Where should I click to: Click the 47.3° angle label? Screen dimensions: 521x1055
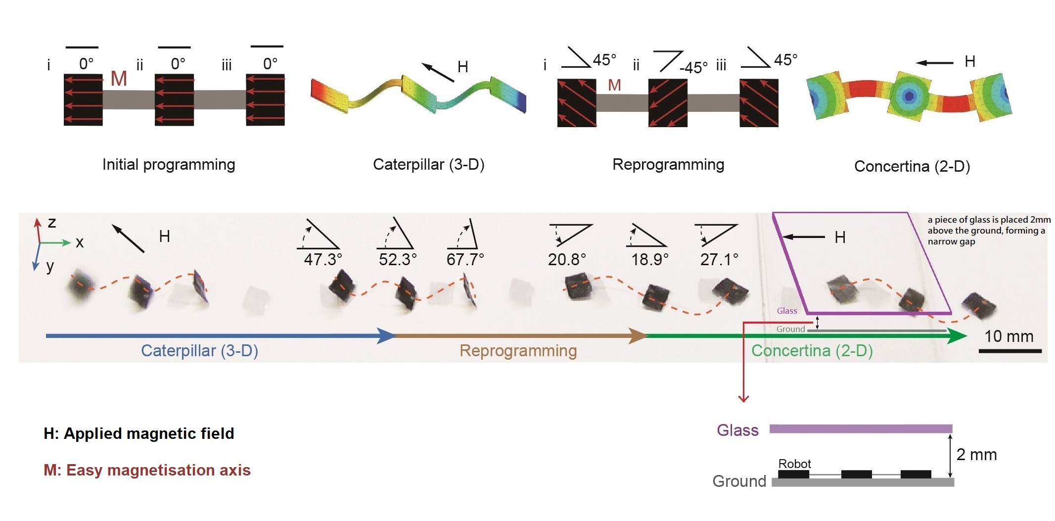pyautogui.click(x=322, y=259)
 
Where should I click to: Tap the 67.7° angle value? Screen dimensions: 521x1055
pyautogui.click(x=465, y=259)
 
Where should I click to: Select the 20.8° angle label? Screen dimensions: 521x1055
pyautogui.click(x=567, y=259)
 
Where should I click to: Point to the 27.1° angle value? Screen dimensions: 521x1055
pyautogui.click(x=719, y=259)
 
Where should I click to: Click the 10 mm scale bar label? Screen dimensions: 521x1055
pyautogui.click(x=1009, y=336)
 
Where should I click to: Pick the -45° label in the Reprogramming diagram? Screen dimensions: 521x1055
pyautogui.click(x=693, y=67)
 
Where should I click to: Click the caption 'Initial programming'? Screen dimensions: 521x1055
pyautogui.click(x=169, y=165)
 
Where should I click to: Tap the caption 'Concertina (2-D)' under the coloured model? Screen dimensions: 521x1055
pyautogui.click(x=912, y=166)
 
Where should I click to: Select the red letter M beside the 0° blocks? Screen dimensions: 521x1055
pyautogui.click(x=119, y=79)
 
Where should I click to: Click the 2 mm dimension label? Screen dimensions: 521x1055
pyautogui.click(x=976, y=455)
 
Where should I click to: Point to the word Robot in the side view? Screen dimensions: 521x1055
pyautogui.click(x=794, y=464)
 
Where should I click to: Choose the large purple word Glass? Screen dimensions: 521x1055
pyautogui.click(x=737, y=430)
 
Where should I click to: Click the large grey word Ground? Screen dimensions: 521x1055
pyautogui.click(x=739, y=481)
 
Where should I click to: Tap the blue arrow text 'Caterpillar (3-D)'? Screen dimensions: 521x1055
pyautogui.click(x=199, y=351)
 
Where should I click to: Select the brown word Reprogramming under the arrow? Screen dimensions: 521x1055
pyautogui.click(x=518, y=351)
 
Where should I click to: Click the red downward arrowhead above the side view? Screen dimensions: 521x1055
pyautogui.click(x=743, y=398)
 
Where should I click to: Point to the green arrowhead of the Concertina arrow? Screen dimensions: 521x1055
pyautogui.click(x=958, y=336)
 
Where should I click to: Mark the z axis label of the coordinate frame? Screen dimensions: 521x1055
pyautogui.click(x=52, y=222)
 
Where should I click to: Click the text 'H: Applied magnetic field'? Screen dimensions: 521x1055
pyautogui.click(x=138, y=433)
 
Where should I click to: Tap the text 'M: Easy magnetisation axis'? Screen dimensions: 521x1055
pyautogui.click(x=147, y=470)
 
